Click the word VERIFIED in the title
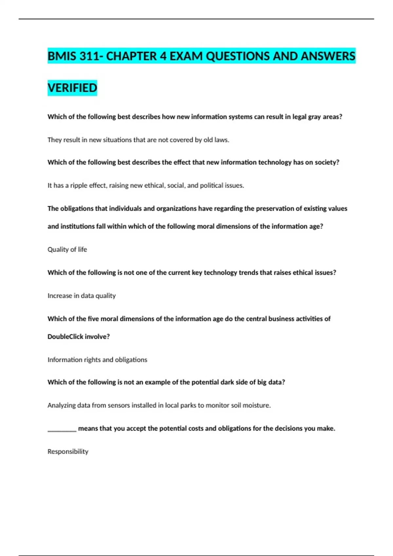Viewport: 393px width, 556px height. (72, 88)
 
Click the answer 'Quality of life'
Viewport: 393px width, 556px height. (67, 250)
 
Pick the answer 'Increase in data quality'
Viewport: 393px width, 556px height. (82, 296)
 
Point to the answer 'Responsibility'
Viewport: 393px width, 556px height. (68, 452)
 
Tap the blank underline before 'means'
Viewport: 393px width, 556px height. (62, 429)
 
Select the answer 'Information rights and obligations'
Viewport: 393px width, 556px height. (97, 360)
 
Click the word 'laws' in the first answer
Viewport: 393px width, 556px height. (221, 140)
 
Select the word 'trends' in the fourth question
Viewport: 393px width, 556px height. (248, 273)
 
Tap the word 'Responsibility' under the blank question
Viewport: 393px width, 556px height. (68, 452)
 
